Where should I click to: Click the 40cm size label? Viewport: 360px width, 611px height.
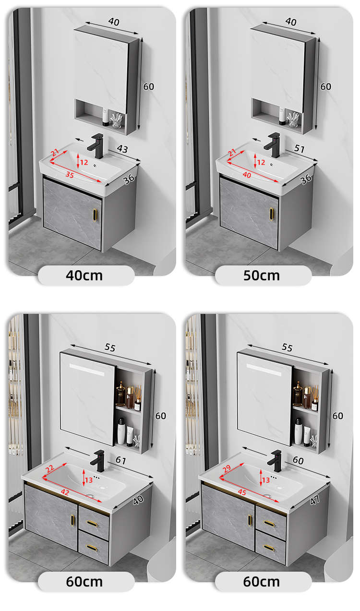click(x=84, y=276)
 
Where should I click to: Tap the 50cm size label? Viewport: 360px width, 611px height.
click(x=261, y=276)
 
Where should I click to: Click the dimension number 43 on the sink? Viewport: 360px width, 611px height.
click(x=122, y=149)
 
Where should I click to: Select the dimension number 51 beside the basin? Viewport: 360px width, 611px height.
click(x=299, y=148)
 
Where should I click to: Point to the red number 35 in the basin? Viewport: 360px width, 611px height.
click(x=70, y=175)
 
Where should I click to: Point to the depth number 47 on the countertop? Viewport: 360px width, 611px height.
click(x=314, y=500)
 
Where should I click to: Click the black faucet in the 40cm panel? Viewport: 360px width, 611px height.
click(x=96, y=145)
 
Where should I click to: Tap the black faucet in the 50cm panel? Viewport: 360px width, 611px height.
click(x=273, y=145)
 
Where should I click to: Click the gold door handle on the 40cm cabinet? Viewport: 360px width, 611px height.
click(x=95, y=215)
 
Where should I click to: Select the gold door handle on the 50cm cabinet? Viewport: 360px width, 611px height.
click(x=271, y=214)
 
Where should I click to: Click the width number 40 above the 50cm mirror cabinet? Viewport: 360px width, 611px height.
click(x=291, y=22)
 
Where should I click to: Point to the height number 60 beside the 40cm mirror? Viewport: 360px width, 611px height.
click(x=149, y=86)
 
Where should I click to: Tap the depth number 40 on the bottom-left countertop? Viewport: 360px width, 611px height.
click(x=138, y=500)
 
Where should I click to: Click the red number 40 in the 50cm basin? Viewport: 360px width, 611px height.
click(x=247, y=175)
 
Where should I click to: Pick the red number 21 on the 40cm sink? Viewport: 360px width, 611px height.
click(x=55, y=152)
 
